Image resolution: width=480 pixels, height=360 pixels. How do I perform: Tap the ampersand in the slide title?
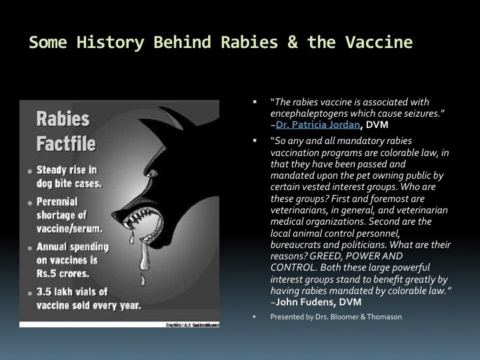(293, 42)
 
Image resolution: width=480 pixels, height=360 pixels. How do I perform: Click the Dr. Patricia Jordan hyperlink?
(318, 125)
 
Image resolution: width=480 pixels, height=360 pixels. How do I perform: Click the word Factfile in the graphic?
(66, 143)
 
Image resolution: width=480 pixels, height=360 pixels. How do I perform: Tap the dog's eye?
(152, 174)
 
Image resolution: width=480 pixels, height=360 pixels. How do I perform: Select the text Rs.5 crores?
(63, 273)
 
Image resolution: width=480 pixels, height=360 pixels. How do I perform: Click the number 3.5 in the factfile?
(44, 292)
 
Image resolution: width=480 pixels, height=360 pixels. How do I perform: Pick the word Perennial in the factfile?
(57, 202)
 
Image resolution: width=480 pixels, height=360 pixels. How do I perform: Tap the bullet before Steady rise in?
(30, 171)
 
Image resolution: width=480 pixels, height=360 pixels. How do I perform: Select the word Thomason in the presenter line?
(384, 317)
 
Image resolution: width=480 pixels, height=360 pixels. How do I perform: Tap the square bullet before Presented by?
(254, 317)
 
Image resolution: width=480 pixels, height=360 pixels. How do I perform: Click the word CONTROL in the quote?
(293, 267)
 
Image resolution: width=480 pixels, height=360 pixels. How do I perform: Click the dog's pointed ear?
(171, 118)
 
